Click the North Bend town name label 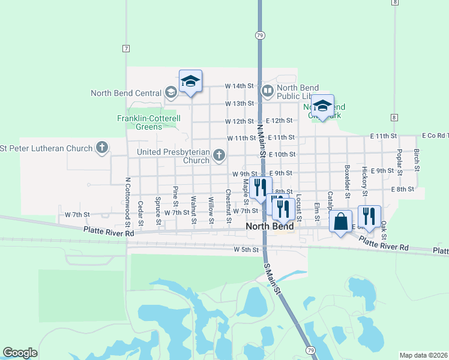coord(270,227)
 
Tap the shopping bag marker coord(340,221)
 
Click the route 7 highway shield coord(125,47)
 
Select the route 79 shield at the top coord(259,35)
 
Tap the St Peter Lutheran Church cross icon coord(102,148)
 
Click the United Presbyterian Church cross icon coord(219,156)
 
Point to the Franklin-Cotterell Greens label coord(148,122)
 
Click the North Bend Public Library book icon coord(267,91)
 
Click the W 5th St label coord(246,249)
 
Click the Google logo coord(20,353)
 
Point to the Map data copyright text coord(424,355)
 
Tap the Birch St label coord(416,160)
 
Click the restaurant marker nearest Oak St coord(367,215)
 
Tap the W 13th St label coord(240,104)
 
